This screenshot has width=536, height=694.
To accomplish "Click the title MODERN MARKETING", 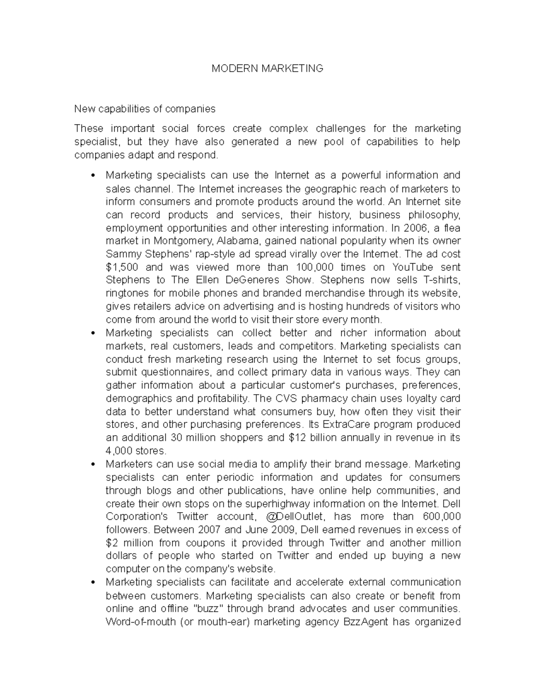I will [267, 68].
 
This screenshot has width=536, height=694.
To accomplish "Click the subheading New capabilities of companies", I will [145, 109].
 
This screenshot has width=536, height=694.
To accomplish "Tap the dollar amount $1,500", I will [122, 267].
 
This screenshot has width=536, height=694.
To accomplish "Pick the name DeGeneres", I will [252, 280].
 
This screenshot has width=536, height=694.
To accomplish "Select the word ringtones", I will [126, 294].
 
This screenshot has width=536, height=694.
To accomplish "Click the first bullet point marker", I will [92, 176].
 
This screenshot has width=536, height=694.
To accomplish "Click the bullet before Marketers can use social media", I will [92, 464].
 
